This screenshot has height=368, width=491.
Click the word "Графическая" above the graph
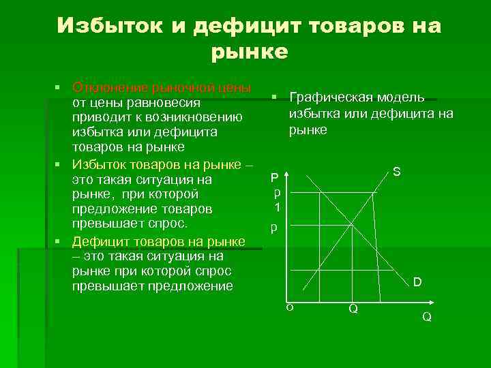click(326, 97)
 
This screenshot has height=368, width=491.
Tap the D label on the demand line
click(417, 281)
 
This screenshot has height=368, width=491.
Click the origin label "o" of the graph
click(289, 307)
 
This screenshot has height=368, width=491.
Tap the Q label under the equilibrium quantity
click(353, 309)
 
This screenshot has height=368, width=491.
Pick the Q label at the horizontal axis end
click(427, 317)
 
